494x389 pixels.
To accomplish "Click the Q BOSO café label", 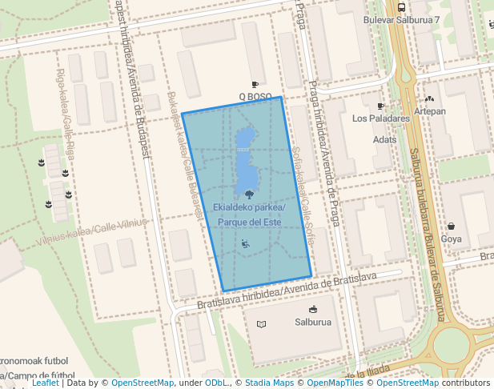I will tap(255, 97).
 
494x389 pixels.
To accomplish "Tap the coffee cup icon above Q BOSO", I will tap(255, 85).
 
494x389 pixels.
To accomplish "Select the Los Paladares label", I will tap(381, 118).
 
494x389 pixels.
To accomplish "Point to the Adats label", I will tap(385, 139).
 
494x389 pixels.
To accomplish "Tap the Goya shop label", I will tap(452, 239).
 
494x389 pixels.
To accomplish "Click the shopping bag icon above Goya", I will tap(452, 227).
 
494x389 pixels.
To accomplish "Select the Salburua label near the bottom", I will tap(312, 323).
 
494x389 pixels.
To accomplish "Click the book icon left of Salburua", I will tap(261, 324).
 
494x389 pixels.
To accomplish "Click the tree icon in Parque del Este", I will tap(250, 194).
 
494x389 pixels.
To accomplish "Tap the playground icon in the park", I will tap(245, 243).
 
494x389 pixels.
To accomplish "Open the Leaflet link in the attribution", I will tap(45, 383).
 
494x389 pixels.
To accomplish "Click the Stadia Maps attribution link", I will tap(269, 383).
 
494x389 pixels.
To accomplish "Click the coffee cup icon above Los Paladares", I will tap(380, 106).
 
